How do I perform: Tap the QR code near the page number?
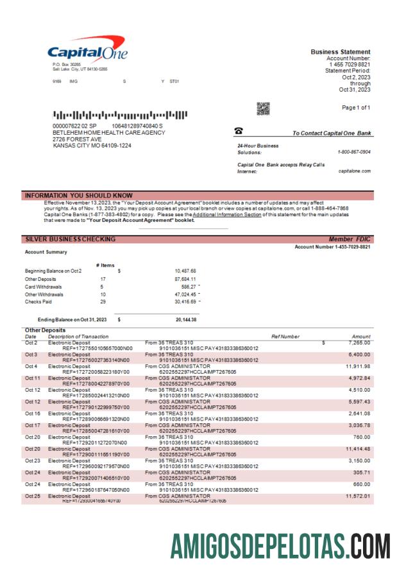[x=263, y=108]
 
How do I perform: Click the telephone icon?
[x=239, y=131]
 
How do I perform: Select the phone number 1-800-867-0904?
[x=354, y=152]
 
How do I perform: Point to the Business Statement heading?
[x=340, y=52]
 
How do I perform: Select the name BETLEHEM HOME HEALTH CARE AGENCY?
[x=108, y=133]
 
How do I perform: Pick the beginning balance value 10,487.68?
[x=185, y=271]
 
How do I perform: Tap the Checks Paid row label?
[x=39, y=301]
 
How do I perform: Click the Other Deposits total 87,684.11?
[x=185, y=279]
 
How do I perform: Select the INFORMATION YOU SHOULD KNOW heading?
[x=78, y=195]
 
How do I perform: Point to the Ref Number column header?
[x=285, y=336]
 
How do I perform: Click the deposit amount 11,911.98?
[x=357, y=366]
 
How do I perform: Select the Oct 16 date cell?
[x=32, y=413]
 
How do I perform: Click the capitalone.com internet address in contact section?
[x=354, y=171]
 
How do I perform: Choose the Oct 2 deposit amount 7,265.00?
[x=358, y=342]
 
